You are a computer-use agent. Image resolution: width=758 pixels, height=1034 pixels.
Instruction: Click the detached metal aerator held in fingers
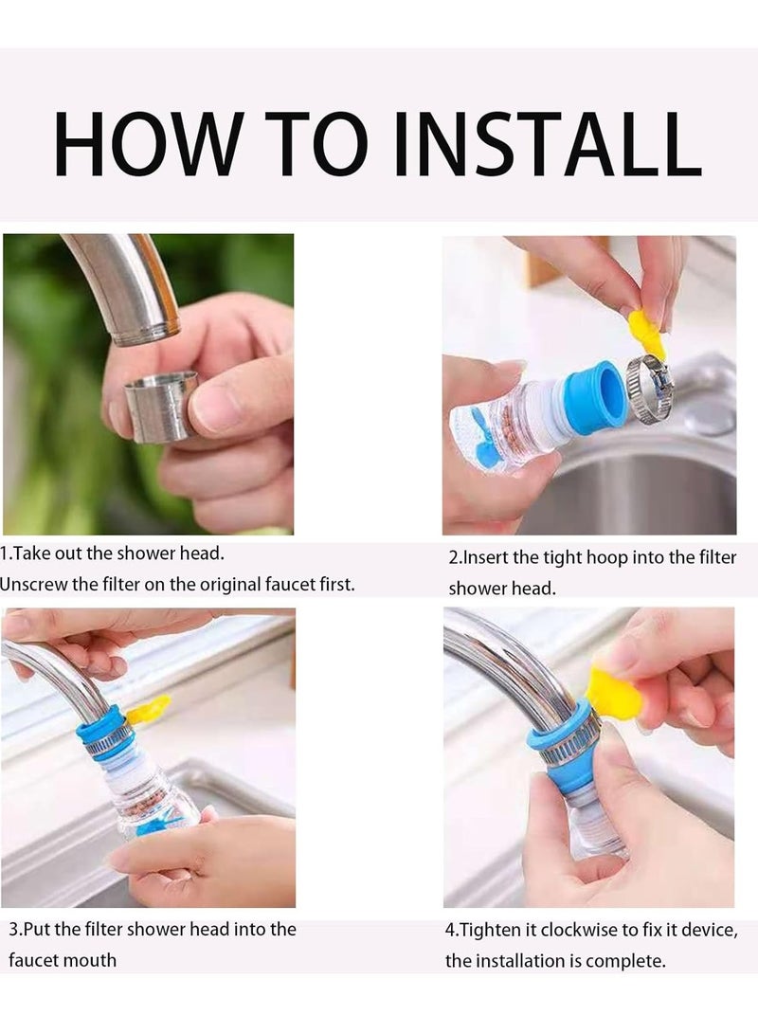pyautogui.click(x=161, y=405)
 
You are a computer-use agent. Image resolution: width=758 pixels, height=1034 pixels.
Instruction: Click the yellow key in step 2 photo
pyautogui.click(x=647, y=334)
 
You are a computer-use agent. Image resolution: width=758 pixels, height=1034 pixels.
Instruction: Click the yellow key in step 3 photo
pyautogui.click(x=149, y=709)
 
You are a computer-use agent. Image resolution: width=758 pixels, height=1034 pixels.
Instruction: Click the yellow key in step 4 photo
pyautogui.click(x=615, y=692)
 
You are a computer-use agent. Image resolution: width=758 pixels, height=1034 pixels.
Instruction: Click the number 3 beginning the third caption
pyautogui.click(x=13, y=930)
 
